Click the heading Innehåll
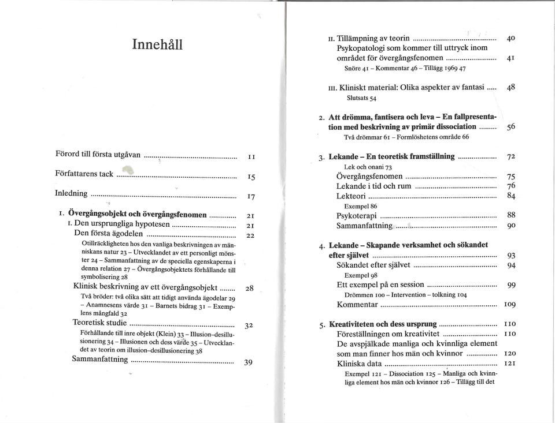(x=157, y=44)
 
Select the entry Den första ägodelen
(x=109, y=233)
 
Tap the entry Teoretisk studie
(x=99, y=322)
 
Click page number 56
(x=511, y=127)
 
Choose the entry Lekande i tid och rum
(x=374, y=186)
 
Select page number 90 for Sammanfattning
(x=511, y=226)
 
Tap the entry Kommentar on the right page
(x=357, y=304)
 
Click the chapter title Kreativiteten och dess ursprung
(x=383, y=324)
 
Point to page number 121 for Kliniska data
(x=510, y=364)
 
